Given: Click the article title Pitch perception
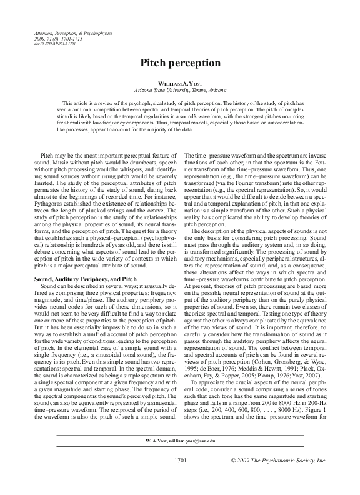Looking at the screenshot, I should point(179,63).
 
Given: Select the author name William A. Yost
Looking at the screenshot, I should point(179,83).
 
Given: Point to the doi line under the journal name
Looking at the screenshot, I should point(53,44).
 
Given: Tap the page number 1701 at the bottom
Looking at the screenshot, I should point(179,477).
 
